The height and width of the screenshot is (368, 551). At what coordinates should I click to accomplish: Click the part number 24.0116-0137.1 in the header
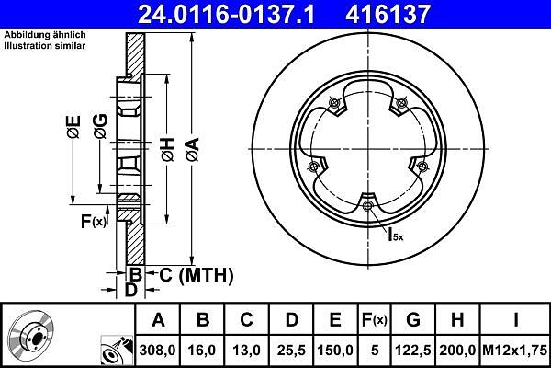226,14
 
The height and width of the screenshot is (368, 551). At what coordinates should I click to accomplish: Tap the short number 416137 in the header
388,14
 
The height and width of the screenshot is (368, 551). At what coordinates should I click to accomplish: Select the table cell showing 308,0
157,350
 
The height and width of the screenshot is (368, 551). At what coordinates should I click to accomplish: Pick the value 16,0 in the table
202,350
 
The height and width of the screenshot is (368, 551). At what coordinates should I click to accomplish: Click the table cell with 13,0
246,350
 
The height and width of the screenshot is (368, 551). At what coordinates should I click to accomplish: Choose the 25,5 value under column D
291,350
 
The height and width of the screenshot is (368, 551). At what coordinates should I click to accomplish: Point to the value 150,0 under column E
335,350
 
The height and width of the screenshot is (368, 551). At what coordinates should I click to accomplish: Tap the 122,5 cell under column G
413,350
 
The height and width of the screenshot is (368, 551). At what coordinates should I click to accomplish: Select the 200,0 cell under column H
457,350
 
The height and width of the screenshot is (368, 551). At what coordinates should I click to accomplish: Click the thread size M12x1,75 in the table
515,350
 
